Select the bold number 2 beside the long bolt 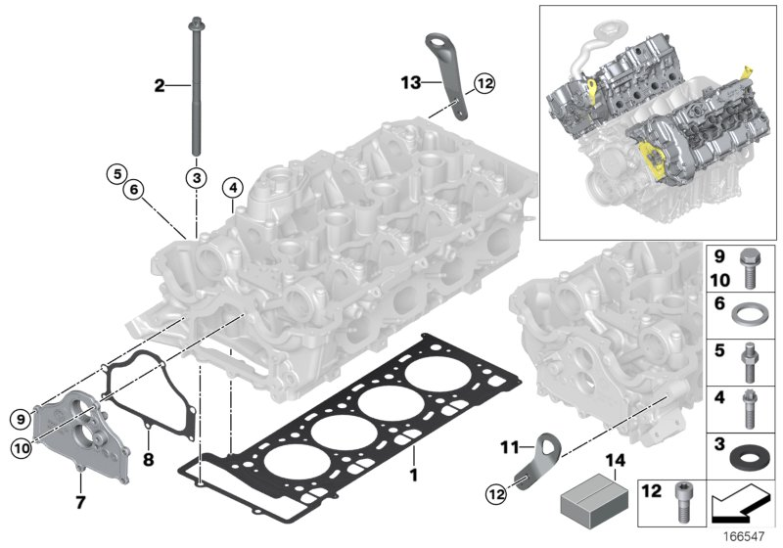pos(160,86)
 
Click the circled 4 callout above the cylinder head pos(232,186)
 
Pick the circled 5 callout pos(117,175)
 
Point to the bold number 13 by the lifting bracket pos(410,82)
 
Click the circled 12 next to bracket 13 pos(484,84)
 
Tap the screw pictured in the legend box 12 pos(681,505)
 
